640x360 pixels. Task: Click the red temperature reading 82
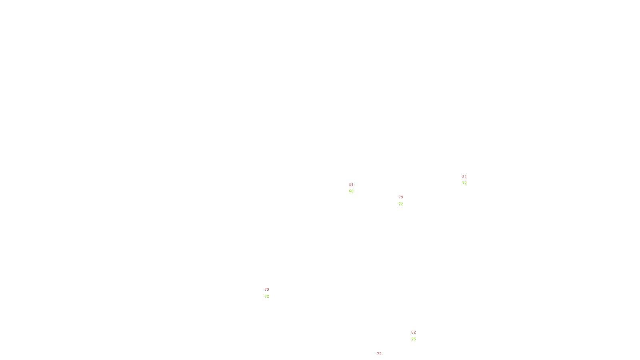click(x=414, y=332)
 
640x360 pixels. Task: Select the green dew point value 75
click(x=414, y=339)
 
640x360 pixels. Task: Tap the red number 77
click(x=379, y=354)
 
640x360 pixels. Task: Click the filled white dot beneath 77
click(x=383, y=358)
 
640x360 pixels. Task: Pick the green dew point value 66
click(x=351, y=191)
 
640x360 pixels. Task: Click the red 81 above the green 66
click(x=351, y=185)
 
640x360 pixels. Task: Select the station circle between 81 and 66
click(x=355, y=188)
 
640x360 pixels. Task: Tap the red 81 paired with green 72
click(x=464, y=177)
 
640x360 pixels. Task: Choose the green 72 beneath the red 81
click(x=464, y=183)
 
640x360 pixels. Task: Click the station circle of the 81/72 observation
click(x=468, y=180)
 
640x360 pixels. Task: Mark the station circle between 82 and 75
click(x=418, y=336)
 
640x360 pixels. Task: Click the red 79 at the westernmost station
click(x=267, y=290)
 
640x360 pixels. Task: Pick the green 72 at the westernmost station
click(x=267, y=296)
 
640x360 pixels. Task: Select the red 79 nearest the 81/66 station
click(x=401, y=197)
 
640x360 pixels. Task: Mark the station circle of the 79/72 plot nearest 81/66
click(x=404, y=200)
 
